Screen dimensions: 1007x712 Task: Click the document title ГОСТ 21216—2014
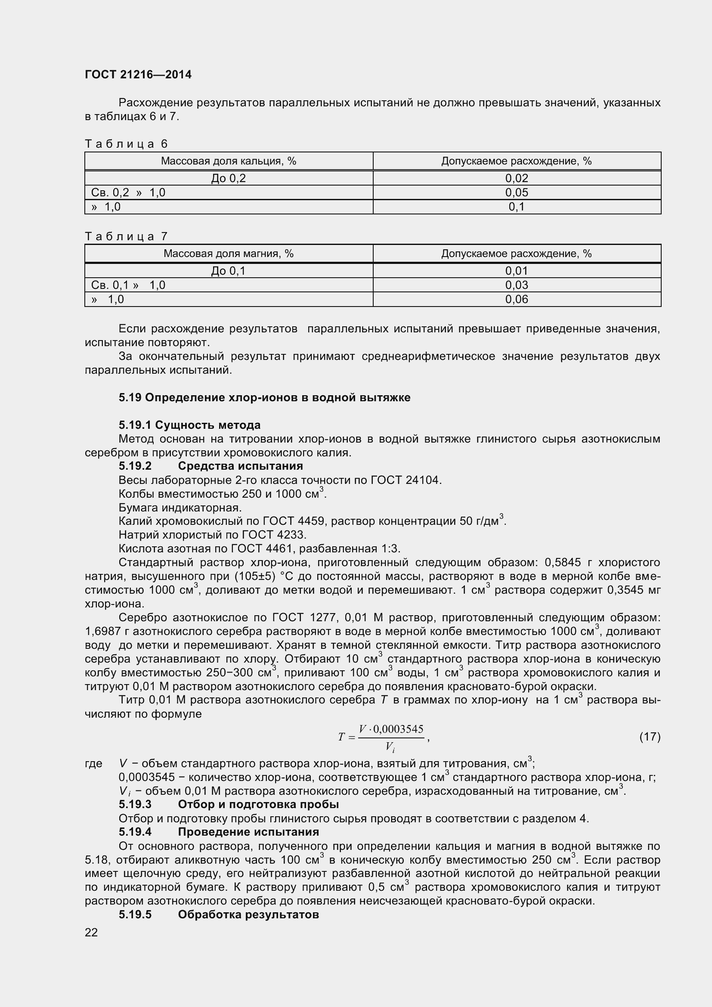[138, 74]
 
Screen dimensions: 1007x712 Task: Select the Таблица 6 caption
[126, 144]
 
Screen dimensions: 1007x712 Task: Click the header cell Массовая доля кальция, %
[229, 161]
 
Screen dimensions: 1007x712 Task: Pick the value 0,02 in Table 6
[517, 178]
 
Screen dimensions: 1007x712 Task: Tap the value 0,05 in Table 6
[517, 192]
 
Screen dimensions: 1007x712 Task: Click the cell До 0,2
[229, 178]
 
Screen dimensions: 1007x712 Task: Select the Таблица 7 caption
[126, 236]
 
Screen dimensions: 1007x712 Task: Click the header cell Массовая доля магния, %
[229, 254]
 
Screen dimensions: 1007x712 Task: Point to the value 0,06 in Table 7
[517, 299]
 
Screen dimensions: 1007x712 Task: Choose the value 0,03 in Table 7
[517, 285]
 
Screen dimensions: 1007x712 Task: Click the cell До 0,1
[229, 271]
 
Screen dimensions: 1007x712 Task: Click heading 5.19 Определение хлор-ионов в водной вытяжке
[264, 397]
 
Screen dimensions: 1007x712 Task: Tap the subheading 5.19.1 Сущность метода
[189, 424]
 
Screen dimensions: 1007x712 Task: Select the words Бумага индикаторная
[180, 508]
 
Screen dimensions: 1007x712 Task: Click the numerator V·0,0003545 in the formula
[390, 729]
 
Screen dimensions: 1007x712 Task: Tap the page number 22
[91, 932]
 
